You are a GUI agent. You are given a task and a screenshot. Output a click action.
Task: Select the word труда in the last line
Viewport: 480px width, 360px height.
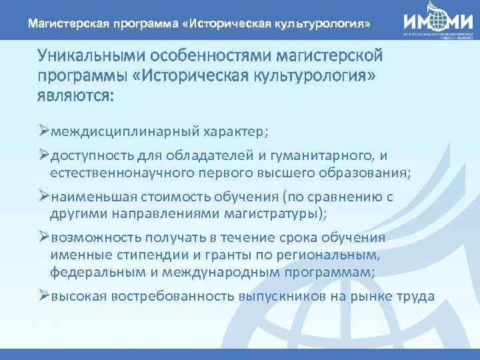415,296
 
